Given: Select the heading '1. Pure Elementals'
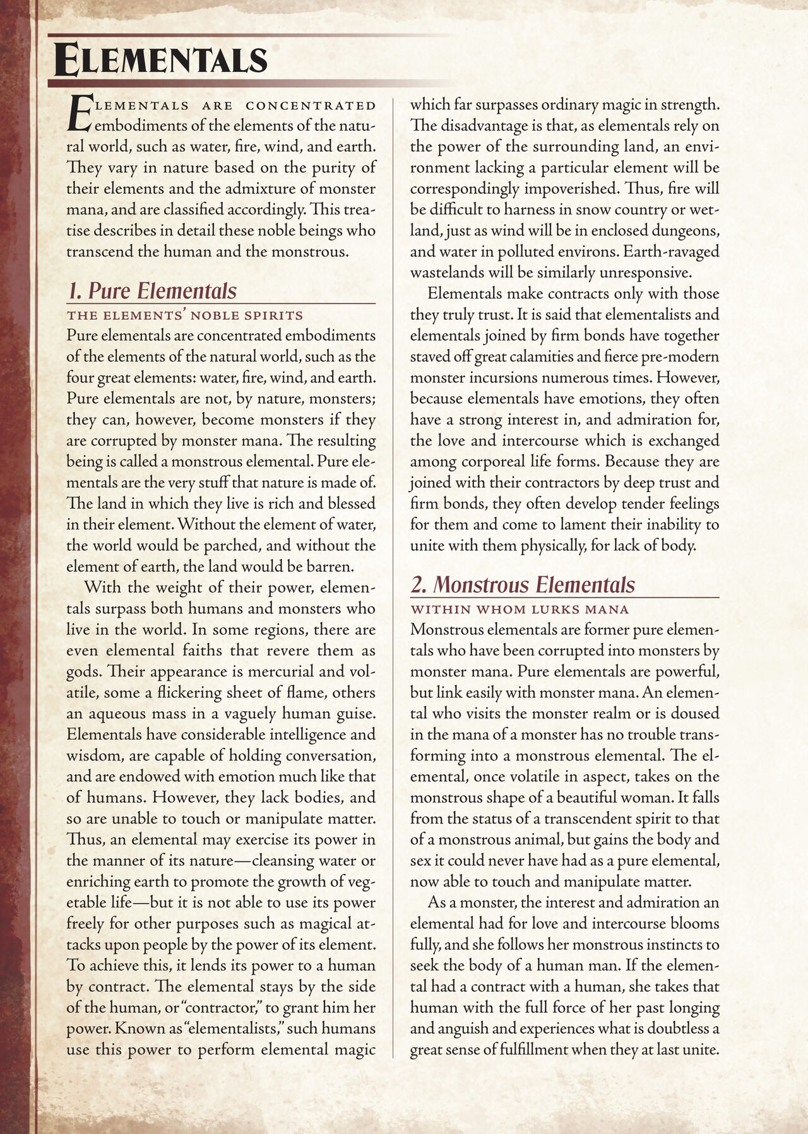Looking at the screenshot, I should point(152,291).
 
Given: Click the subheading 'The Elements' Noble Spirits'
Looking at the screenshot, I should point(184,316).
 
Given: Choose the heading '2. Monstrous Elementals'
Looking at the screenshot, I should point(522,585).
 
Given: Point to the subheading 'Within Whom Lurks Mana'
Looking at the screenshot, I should point(520,610).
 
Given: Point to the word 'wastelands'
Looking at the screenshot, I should point(444,273).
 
